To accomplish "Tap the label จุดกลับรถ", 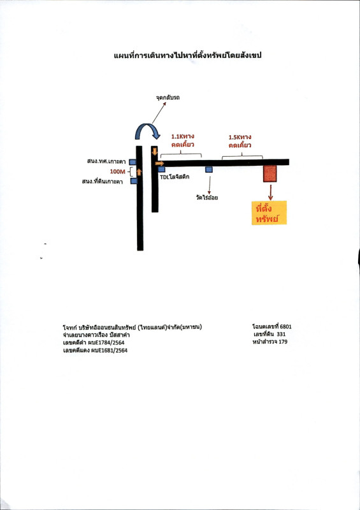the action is click(x=168, y=98).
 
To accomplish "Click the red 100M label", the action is click(x=117, y=171).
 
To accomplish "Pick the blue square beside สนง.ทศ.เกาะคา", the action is click(x=133, y=162).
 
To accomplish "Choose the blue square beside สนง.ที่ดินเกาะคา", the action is click(x=134, y=181).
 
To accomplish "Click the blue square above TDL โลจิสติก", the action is click(x=162, y=169).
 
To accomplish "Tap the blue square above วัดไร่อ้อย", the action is click(x=209, y=170).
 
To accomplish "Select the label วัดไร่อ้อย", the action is click(x=207, y=198).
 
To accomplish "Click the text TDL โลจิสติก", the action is click(x=175, y=177).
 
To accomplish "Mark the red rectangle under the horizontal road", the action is click(x=270, y=173).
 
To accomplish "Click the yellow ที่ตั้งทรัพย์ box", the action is click(x=269, y=213).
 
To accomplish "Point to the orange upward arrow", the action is click(x=139, y=172).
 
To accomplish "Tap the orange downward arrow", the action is click(x=155, y=151).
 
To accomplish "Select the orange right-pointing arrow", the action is click(x=160, y=163).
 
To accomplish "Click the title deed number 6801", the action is click(x=285, y=326).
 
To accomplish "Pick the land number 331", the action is click(x=281, y=334).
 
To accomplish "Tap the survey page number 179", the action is click(x=283, y=342).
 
